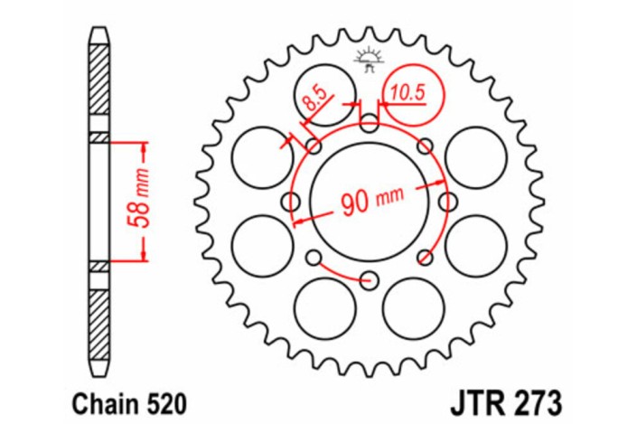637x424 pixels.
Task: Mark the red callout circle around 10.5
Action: tap(409, 94)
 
